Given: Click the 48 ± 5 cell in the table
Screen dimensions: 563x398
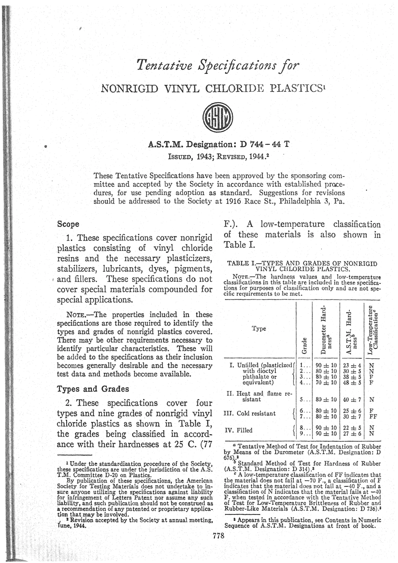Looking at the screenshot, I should pyautogui.click(x=353, y=383).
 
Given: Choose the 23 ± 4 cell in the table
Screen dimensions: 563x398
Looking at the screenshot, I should pyautogui.click(x=353, y=365).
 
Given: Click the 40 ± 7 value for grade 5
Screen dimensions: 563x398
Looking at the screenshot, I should pyautogui.click(x=353, y=399).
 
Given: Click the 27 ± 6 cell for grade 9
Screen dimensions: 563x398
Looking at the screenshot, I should pyautogui.click(x=353, y=433).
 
